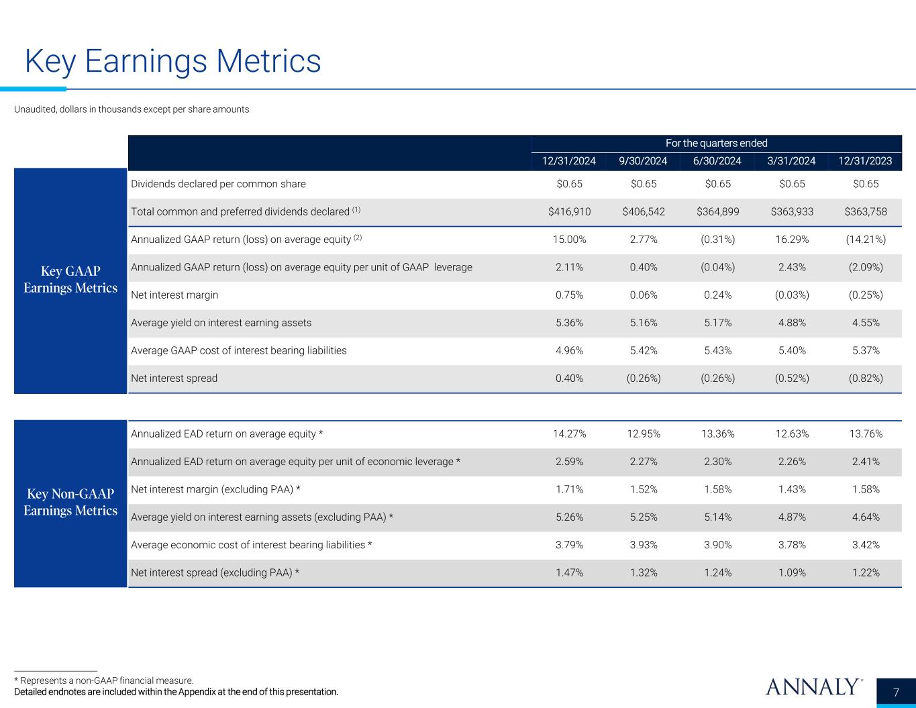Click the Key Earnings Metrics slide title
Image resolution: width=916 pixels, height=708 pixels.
(172, 62)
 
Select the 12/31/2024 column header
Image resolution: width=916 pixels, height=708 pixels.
(569, 161)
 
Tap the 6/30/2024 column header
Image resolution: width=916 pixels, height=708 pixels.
(717, 161)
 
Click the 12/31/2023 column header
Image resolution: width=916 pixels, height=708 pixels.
(865, 161)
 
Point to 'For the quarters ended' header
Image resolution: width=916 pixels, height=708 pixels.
(716, 143)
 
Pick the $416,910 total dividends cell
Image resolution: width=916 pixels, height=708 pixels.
(569, 211)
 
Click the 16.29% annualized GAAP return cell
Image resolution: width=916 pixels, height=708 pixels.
(791, 240)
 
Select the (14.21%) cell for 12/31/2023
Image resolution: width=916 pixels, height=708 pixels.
(865, 240)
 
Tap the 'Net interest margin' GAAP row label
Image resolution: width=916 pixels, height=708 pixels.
(174, 295)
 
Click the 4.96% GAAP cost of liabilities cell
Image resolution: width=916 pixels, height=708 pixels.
(569, 350)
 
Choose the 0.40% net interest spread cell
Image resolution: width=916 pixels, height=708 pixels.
(569, 378)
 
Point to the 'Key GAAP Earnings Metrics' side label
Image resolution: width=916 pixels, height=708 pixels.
(70, 279)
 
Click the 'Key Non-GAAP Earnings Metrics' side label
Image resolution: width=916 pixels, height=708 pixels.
(70, 502)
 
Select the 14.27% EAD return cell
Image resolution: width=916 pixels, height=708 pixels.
(569, 434)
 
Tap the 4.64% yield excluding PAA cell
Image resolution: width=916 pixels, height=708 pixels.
(865, 517)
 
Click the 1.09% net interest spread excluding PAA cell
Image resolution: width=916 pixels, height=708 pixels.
(791, 573)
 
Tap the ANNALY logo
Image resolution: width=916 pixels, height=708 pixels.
(813, 687)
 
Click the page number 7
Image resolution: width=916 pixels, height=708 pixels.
(897, 692)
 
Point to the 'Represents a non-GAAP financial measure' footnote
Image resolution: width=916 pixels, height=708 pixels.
(104, 680)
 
